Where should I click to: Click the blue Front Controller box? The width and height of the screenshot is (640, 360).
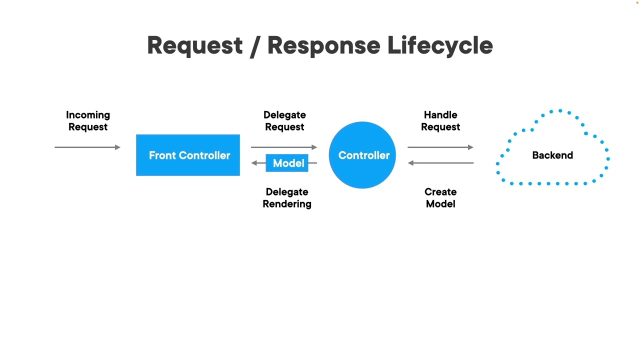click(x=187, y=155)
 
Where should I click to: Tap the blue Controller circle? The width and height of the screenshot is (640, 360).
click(x=362, y=155)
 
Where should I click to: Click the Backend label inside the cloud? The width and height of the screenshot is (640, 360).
click(x=552, y=155)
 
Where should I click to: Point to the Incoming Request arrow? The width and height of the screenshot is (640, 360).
click(x=87, y=147)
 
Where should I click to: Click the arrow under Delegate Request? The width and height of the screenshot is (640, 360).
click(x=284, y=147)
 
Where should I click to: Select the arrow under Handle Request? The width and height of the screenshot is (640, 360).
click(x=440, y=147)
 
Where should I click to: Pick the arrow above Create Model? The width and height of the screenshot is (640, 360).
click(x=440, y=163)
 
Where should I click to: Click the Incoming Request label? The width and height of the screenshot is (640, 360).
click(x=88, y=121)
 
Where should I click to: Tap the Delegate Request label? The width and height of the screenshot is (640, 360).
click(x=284, y=121)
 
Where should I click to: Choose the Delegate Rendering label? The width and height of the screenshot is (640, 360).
click(x=287, y=198)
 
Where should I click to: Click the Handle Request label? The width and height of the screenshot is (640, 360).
click(x=440, y=121)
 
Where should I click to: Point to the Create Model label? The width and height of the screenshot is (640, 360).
click(x=440, y=198)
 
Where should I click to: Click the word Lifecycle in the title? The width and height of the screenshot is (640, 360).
click(x=440, y=45)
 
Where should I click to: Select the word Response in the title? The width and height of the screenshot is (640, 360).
click(x=323, y=45)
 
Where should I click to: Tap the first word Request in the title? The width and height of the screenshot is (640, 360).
click(x=195, y=45)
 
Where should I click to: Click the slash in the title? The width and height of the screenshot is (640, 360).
click(x=255, y=45)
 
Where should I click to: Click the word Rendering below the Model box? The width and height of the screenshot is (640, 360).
click(x=287, y=204)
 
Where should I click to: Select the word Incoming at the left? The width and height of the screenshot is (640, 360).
click(x=88, y=115)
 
